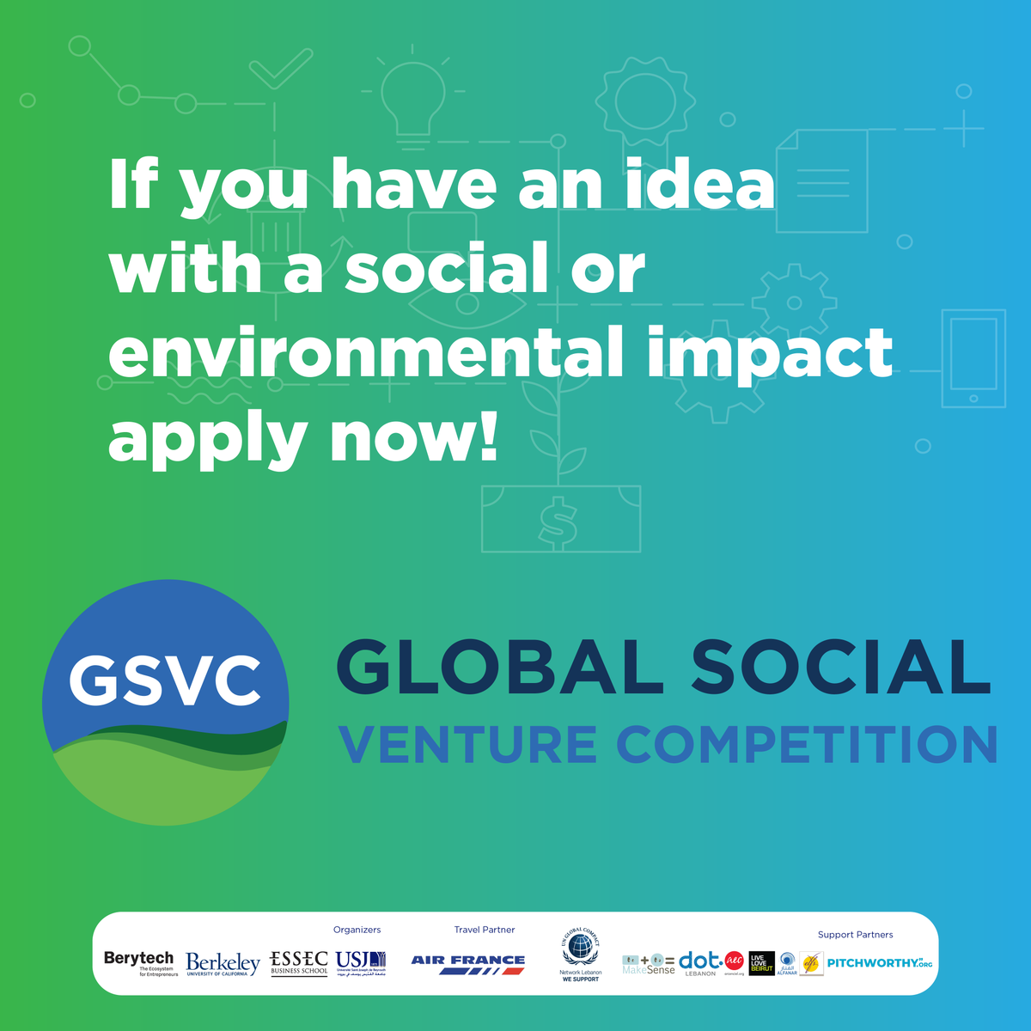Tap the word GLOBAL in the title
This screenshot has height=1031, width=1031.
click(500, 668)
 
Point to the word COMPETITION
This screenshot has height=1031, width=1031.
click(807, 744)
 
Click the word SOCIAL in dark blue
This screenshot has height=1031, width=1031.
click(841, 668)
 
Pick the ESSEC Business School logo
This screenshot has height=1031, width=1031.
click(299, 962)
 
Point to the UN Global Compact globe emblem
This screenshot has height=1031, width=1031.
click(581, 949)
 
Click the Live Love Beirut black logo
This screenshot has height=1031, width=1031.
click(761, 963)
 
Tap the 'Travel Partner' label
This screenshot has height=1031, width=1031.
click(485, 930)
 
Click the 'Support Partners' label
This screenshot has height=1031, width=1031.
click(855, 935)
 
